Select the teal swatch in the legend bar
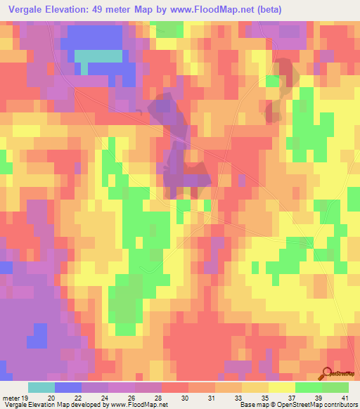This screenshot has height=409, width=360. [x=41, y=388]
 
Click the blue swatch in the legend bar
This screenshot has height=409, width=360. [x=68, y=388]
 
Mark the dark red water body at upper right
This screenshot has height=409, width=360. [x=279, y=88]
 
